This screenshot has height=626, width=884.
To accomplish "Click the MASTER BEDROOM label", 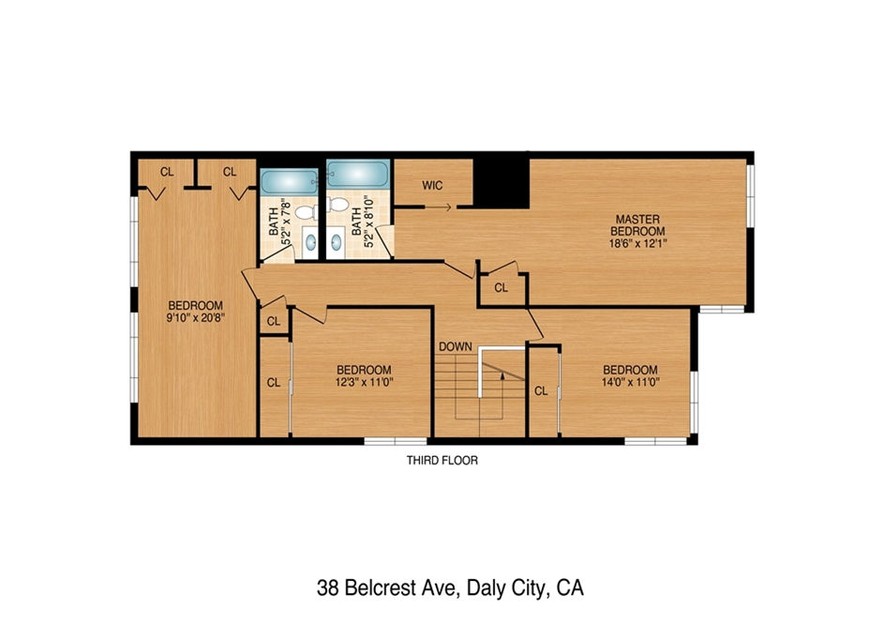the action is click(x=637, y=225).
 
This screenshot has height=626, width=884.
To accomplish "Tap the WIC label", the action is click(x=432, y=185).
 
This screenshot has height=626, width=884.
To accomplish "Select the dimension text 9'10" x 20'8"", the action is click(x=196, y=318).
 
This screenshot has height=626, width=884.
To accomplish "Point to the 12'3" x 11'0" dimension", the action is click(x=364, y=382).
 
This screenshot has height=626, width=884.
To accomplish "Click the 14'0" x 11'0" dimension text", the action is click(x=630, y=382).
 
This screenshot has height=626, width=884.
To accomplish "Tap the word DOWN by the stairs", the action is click(x=456, y=346).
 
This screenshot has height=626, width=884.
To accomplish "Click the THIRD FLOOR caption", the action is click(x=442, y=461).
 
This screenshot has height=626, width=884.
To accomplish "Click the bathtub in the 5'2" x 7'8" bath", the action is click(x=290, y=182).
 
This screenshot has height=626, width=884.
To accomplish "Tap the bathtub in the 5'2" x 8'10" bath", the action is click(x=358, y=174).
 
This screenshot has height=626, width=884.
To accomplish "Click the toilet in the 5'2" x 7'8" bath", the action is click(x=306, y=213).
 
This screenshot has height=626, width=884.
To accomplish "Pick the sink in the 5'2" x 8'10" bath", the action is click(x=337, y=242).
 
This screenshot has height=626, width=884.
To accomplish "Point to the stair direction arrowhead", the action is click(x=502, y=376).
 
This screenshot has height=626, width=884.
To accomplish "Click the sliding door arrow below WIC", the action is click(x=438, y=207).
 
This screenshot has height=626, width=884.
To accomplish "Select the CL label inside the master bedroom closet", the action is click(x=501, y=288).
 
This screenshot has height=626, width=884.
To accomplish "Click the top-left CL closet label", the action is click(x=167, y=172).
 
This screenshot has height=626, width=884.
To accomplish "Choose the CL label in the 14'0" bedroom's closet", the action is click(x=541, y=390).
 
